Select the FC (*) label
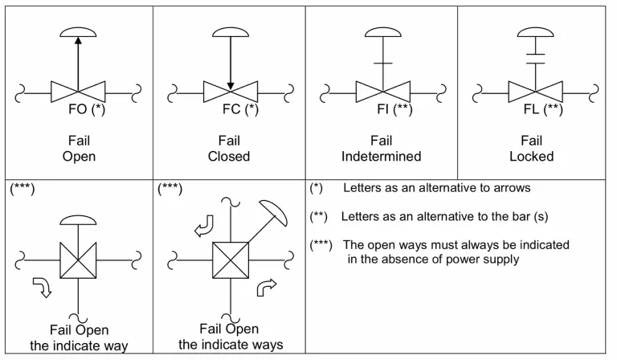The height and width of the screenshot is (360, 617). pyautogui.click(x=240, y=110)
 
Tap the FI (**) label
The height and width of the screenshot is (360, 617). pyautogui.click(x=394, y=110)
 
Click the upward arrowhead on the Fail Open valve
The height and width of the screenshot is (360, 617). pyautogui.click(x=77, y=45)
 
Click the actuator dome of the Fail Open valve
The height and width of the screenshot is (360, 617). pyautogui.click(x=77, y=32)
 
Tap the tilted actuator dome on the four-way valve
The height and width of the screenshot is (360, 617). pyautogui.click(x=274, y=211)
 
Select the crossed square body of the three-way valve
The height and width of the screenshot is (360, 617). pyautogui.click(x=77, y=262)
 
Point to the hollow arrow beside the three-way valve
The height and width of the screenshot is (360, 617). pyautogui.click(x=41, y=287)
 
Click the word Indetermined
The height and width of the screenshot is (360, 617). pyautogui.click(x=381, y=156)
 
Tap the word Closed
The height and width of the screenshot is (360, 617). pyautogui.click(x=229, y=156)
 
